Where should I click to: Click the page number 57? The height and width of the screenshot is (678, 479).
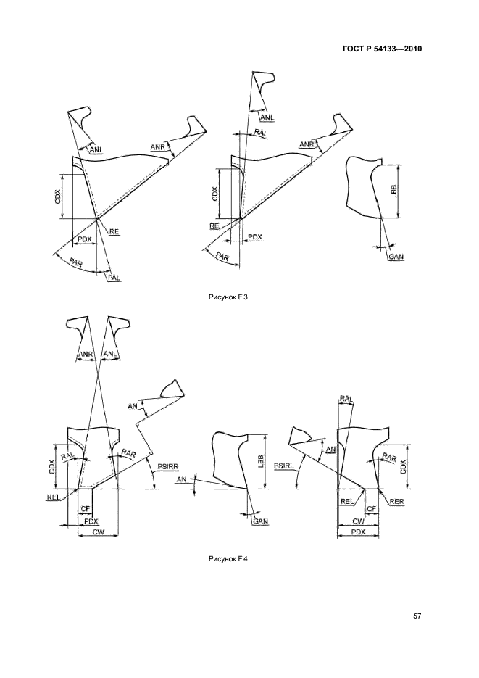point(417,616)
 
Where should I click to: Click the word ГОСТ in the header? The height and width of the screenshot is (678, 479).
point(352,49)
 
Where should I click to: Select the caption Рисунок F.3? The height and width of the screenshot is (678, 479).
point(228,297)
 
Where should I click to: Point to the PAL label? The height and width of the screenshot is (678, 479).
point(114,278)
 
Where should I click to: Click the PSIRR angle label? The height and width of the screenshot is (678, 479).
point(168,466)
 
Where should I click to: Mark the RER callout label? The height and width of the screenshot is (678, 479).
point(396,502)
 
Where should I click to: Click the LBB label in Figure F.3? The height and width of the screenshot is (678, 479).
point(393,191)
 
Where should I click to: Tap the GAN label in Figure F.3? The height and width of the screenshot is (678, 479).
point(396,257)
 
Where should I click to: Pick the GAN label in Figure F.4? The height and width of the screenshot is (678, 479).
point(260,521)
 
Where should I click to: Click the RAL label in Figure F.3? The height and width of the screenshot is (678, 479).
point(260,133)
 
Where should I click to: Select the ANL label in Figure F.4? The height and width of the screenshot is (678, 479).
point(109,354)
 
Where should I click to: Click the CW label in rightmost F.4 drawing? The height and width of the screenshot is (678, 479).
point(358,521)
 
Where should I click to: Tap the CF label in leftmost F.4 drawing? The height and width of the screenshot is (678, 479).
point(85,509)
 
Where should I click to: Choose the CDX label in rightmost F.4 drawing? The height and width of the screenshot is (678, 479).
point(403,466)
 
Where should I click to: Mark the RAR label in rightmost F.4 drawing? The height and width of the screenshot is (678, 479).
point(389,458)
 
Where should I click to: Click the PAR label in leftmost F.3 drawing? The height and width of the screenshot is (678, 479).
point(75,262)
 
